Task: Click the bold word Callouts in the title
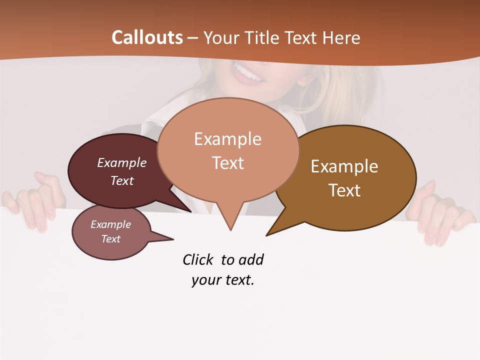[x=147, y=37]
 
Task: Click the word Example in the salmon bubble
[x=227, y=139]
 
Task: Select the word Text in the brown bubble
[x=344, y=190]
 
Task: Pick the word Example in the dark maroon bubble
[x=122, y=162]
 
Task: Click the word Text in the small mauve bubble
[x=111, y=239]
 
